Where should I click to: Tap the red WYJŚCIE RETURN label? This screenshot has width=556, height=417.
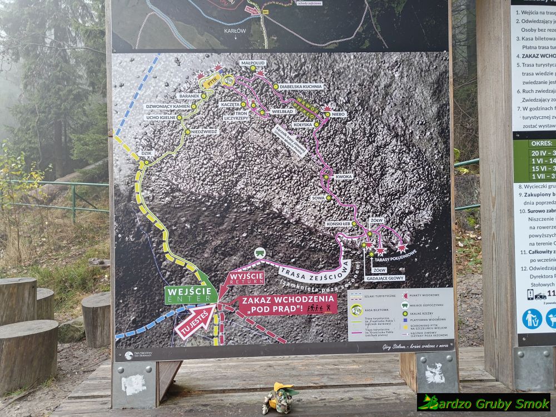pos(242,277)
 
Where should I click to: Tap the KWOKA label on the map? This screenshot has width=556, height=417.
pos(344,177)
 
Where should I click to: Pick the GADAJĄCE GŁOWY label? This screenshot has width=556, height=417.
pos(385,277)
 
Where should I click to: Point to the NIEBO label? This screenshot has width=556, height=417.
pos(339,114)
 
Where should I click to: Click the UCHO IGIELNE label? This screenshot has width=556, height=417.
pos(161,118)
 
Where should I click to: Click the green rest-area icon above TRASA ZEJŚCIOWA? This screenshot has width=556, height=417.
pos(260,253)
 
